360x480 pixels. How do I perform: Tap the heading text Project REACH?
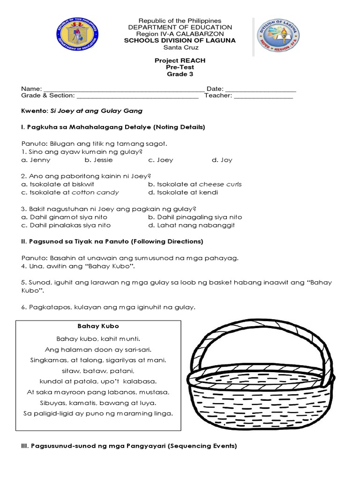tap(180, 60)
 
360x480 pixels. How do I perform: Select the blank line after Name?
tap(124, 90)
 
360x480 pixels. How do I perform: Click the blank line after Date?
tap(261, 90)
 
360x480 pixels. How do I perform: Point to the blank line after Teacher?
tap(263, 97)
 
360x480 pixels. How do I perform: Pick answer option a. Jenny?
tap(36, 160)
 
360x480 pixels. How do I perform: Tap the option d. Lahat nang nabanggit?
tap(191, 225)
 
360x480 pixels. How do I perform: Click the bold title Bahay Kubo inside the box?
tap(98, 326)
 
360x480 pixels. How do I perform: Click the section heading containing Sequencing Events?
tap(129, 446)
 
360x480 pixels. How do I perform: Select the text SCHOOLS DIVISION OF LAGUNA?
tap(180, 41)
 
